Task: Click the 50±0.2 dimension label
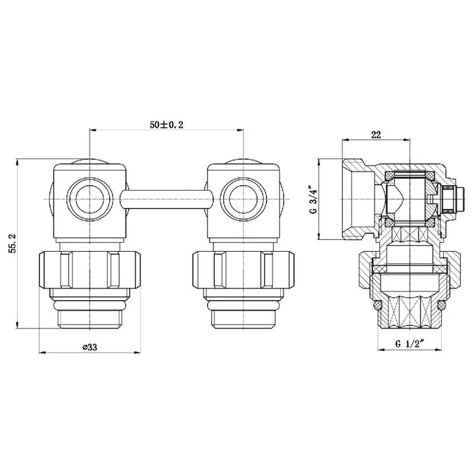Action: pyautogui.click(x=166, y=124)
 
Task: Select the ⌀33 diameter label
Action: pyautogui.click(x=90, y=347)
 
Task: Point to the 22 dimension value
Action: pyautogui.click(x=376, y=134)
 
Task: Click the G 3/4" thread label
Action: pyautogui.click(x=314, y=199)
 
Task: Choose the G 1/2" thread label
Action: pyautogui.click(x=409, y=344)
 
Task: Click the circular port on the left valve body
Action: pyautogui.click(x=90, y=199)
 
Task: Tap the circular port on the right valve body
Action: pyautogui.click(x=244, y=199)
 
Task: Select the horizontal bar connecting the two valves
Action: pyautogui.click(x=167, y=199)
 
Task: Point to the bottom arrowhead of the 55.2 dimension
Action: pyautogui.click(x=18, y=325)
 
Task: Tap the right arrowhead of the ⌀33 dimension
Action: pyautogui.click(x=138, y=352)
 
